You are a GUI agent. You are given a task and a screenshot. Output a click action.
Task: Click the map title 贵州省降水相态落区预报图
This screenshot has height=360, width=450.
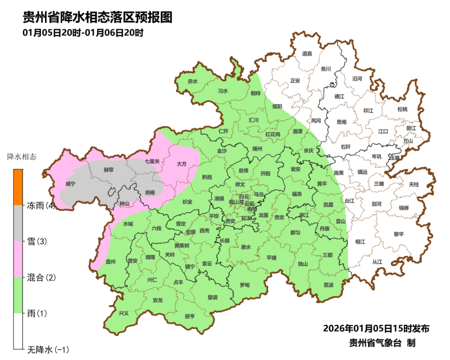tap(98, 17)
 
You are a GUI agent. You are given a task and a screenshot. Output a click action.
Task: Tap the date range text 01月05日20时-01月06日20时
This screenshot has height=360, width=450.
tap(82, 33)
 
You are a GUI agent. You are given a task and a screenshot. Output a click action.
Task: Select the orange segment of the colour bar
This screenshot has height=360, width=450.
tap(18, 187)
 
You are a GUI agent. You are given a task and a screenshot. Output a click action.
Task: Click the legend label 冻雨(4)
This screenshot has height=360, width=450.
tap(41, 205)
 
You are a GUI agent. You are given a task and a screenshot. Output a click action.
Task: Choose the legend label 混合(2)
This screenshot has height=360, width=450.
tap(41, 277)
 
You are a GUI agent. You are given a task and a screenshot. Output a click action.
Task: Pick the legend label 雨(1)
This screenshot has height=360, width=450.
tap(37, 313)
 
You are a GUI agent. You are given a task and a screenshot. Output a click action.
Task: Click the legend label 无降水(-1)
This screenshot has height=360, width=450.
tap(48, 350)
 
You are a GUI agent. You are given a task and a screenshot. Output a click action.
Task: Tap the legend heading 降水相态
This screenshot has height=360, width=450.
tap(22, 156)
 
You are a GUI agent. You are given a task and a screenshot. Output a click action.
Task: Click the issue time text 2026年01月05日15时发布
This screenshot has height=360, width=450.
tap(376, 328)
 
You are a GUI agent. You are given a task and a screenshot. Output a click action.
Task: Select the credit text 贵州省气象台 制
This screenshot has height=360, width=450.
tap(382, 343)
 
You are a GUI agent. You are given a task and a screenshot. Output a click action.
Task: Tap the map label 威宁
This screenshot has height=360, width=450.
tap(70, 183)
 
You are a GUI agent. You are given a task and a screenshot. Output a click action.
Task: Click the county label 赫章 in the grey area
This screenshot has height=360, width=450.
tap(108, 170)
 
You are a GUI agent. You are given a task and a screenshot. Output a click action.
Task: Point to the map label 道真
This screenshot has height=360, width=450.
tap(307, 53)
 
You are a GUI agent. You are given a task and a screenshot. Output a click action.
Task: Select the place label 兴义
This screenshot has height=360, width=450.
tap(123, 313)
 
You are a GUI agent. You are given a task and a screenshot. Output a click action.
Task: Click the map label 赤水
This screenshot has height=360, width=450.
tap(193, 81)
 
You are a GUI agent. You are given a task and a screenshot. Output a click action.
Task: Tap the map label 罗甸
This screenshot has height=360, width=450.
tap(245, 285)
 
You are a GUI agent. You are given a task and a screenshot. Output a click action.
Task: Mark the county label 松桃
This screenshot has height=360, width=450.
tap(402, 109)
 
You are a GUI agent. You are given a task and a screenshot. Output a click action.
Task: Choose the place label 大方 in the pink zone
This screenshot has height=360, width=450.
tap(181, 164)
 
